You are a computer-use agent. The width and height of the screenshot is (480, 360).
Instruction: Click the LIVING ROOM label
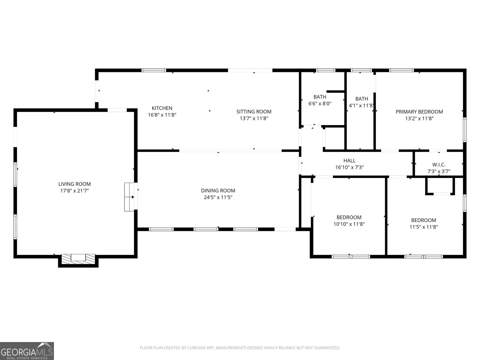(x=74, y=184)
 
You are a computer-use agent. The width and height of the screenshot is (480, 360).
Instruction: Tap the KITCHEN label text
(x=162, y=108)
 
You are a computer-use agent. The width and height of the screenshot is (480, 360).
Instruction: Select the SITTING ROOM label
(x=254, y=112)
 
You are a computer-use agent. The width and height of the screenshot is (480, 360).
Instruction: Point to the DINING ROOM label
(x=218, y=190)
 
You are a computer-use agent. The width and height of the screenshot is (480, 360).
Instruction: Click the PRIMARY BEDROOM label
(x=419, y=112)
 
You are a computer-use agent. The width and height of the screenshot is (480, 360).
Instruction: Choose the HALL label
(x=349, y=161)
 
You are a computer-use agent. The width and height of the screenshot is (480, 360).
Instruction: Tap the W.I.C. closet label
(x=439, y=165)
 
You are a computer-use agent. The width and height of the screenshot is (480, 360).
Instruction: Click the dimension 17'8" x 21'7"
(x=75, y=191)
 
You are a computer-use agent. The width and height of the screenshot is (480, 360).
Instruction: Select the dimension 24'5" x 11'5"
(x=218, y=197)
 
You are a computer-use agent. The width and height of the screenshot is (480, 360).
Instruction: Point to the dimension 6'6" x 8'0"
(x=320, y=103)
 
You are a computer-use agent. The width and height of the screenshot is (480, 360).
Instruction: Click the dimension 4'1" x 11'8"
(x=361, y=106)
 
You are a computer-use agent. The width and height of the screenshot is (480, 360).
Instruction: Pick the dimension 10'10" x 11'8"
(x=349, y=224)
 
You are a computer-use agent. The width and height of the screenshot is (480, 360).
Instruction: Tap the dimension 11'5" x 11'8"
(x=424, y=227)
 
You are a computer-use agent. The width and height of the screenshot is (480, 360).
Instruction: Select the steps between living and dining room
(x=129, y=197)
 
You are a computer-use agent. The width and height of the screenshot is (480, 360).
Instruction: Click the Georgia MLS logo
(x=27, y=351)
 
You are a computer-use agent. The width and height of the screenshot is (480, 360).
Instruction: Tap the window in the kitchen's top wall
(x=154, y=70)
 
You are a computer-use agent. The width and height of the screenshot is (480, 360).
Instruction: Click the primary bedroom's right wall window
(x=465, y=130)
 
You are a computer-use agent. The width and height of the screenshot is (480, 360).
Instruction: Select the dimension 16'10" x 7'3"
(x=349, y=167)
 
